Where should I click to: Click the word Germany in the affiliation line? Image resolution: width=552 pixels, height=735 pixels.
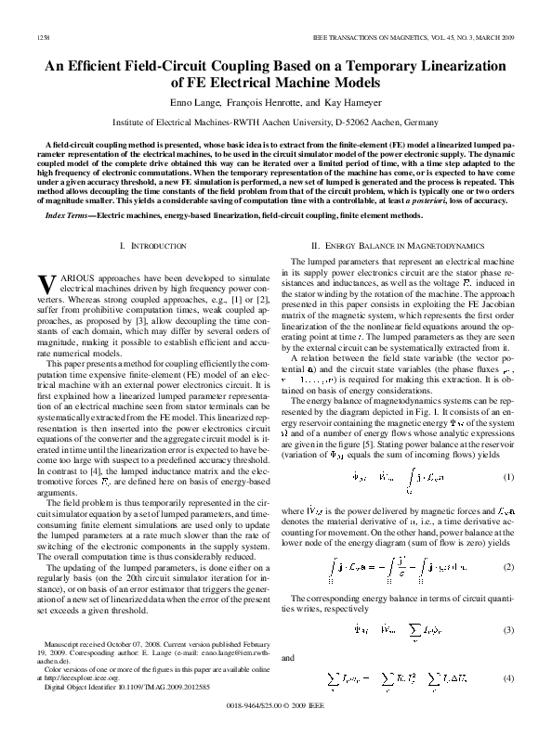click(x=422, y=122)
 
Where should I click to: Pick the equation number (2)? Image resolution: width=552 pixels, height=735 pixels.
click(x=508, y=565)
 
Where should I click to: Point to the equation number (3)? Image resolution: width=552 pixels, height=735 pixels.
click(x=508, y=629)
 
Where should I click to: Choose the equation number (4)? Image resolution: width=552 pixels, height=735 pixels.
click(x=508, y=679)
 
